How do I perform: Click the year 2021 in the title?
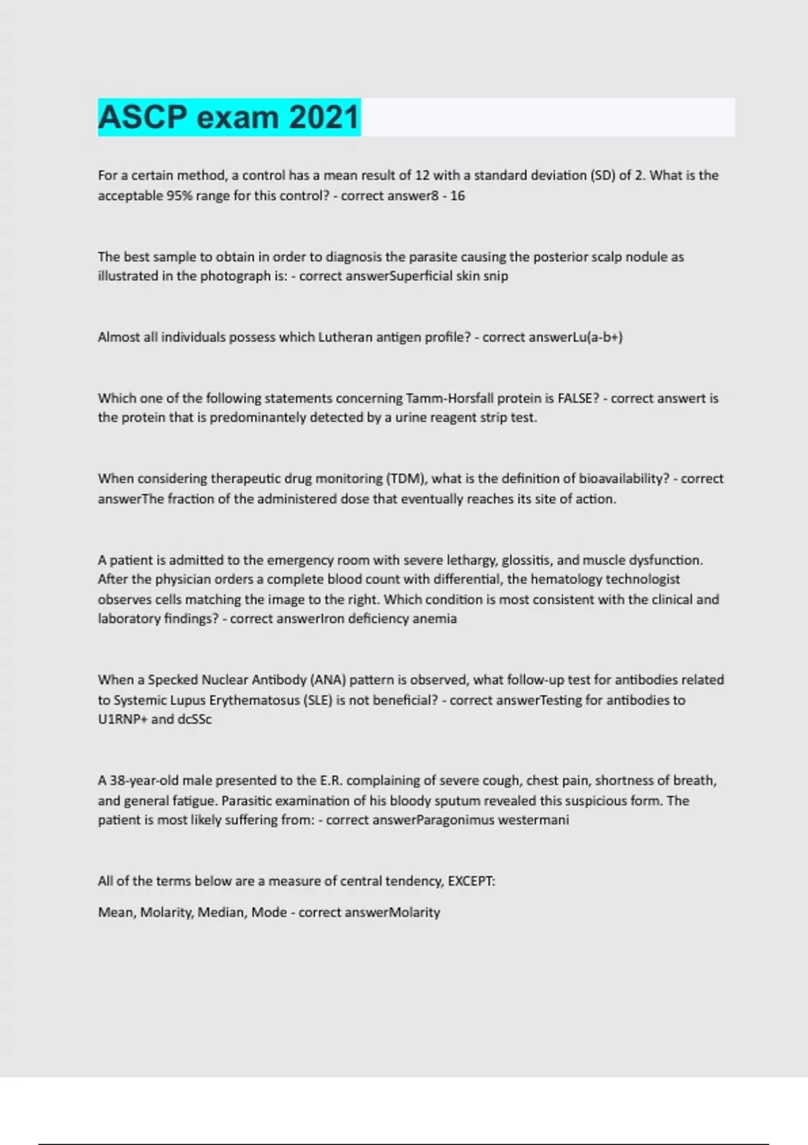click(x=324, y=117)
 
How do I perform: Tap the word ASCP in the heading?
click(x=143, y=117)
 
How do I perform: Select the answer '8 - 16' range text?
click(x=448, y=196)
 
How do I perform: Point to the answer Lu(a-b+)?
click(x=597, y=337)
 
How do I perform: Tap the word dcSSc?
click(x=195, y=719)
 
